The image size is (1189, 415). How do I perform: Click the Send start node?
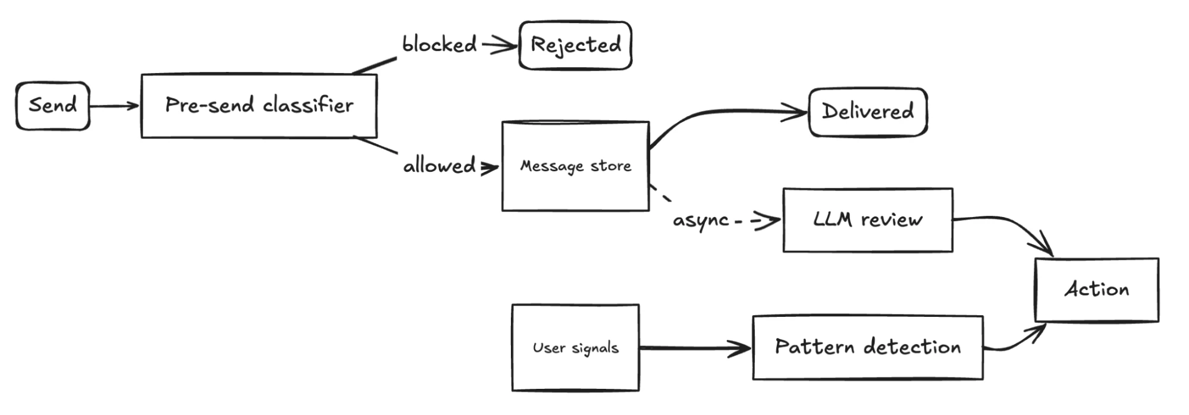pos(53,106)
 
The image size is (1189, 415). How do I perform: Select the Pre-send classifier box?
pos(259,106)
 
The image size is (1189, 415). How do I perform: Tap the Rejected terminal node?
pos(575,45)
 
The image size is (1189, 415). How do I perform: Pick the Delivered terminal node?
pos(868,112)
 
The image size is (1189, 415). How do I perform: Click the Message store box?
pos(575,166)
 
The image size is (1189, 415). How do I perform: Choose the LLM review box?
pos(868,220)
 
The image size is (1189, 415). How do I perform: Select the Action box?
pos(1097,290)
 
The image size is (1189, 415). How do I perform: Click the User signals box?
pos(575,348)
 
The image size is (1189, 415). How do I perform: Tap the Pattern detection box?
pos(868,347)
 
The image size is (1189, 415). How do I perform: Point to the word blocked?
pos(440,45)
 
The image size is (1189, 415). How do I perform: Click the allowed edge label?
pos(440,165)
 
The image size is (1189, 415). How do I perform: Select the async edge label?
pos(701,221)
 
